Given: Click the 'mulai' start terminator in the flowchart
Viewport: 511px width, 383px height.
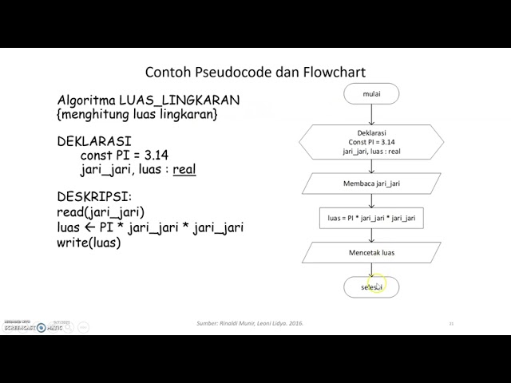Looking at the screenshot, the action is [x=370, y=93].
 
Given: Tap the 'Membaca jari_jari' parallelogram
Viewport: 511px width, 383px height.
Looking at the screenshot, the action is [x=370, y=184].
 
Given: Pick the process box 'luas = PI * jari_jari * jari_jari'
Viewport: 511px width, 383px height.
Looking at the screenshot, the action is [x=370, y=217].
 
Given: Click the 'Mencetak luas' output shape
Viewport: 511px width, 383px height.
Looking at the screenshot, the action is [x=370, y=253].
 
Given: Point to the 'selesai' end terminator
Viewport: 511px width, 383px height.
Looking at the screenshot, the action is [x=370, y=286].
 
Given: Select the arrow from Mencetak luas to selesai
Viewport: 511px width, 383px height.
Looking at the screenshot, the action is [x=370, y=270].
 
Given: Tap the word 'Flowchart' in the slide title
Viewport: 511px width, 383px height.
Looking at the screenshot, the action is [x=335, y=72].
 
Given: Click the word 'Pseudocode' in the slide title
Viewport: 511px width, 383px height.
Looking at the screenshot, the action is [x=226, y=72].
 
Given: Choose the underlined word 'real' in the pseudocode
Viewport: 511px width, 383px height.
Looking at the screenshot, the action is [x=184, y=169].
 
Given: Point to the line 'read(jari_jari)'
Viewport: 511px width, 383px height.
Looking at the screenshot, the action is [x=101, y=212].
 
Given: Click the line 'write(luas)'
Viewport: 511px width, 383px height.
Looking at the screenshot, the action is [x=89, y=243].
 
